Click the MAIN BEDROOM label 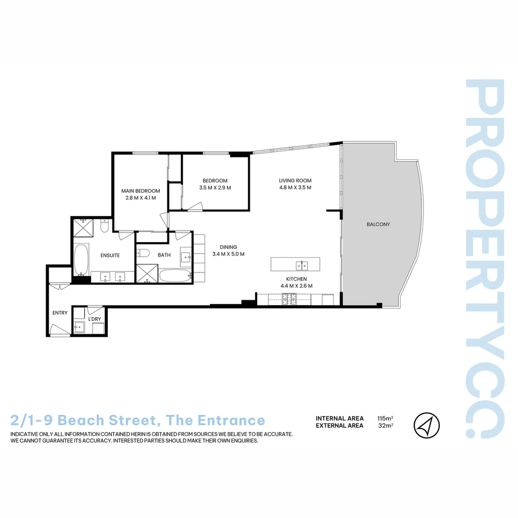coord(141,191)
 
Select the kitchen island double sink coord(302,264)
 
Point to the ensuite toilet coord(105,225)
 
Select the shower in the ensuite coord(83,227)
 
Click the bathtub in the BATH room coord(175,276)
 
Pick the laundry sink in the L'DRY coord(80,328)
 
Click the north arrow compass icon coord(426,425)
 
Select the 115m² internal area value coord(385,418)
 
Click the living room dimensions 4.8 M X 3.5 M coord(295,188)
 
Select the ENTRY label coord(60,313)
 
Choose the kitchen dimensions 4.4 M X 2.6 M coord(296,286)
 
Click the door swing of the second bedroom coord(195,206)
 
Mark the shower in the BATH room coord(146,273)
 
